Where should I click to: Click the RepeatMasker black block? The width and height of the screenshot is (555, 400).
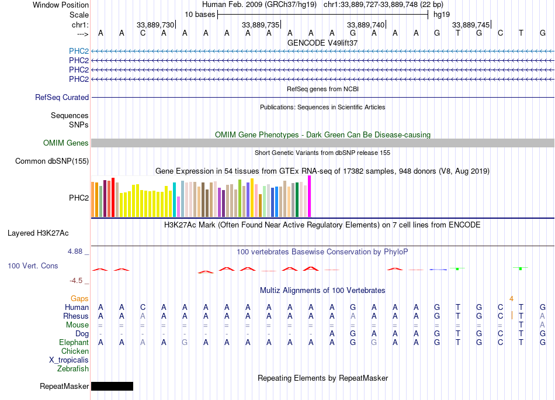112,386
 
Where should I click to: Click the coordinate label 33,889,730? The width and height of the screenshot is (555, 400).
155,25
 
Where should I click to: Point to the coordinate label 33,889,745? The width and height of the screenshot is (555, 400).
471,25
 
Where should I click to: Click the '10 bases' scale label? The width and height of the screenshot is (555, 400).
200,14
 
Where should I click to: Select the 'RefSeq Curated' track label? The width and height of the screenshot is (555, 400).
62,98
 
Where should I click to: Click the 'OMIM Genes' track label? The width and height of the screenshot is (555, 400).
66,143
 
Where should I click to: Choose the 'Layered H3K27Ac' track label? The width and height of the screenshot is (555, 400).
38,233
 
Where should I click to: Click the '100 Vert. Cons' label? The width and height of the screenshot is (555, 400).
33,266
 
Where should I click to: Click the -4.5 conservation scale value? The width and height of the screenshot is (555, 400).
77,281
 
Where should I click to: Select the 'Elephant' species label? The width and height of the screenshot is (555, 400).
74,343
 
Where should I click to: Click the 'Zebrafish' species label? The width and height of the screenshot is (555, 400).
73,369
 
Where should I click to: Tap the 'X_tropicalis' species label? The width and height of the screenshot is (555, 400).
69,360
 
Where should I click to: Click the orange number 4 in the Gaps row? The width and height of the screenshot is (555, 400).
511,298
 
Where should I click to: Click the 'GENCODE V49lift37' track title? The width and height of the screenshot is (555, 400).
322,43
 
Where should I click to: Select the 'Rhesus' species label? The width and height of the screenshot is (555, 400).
76,316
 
